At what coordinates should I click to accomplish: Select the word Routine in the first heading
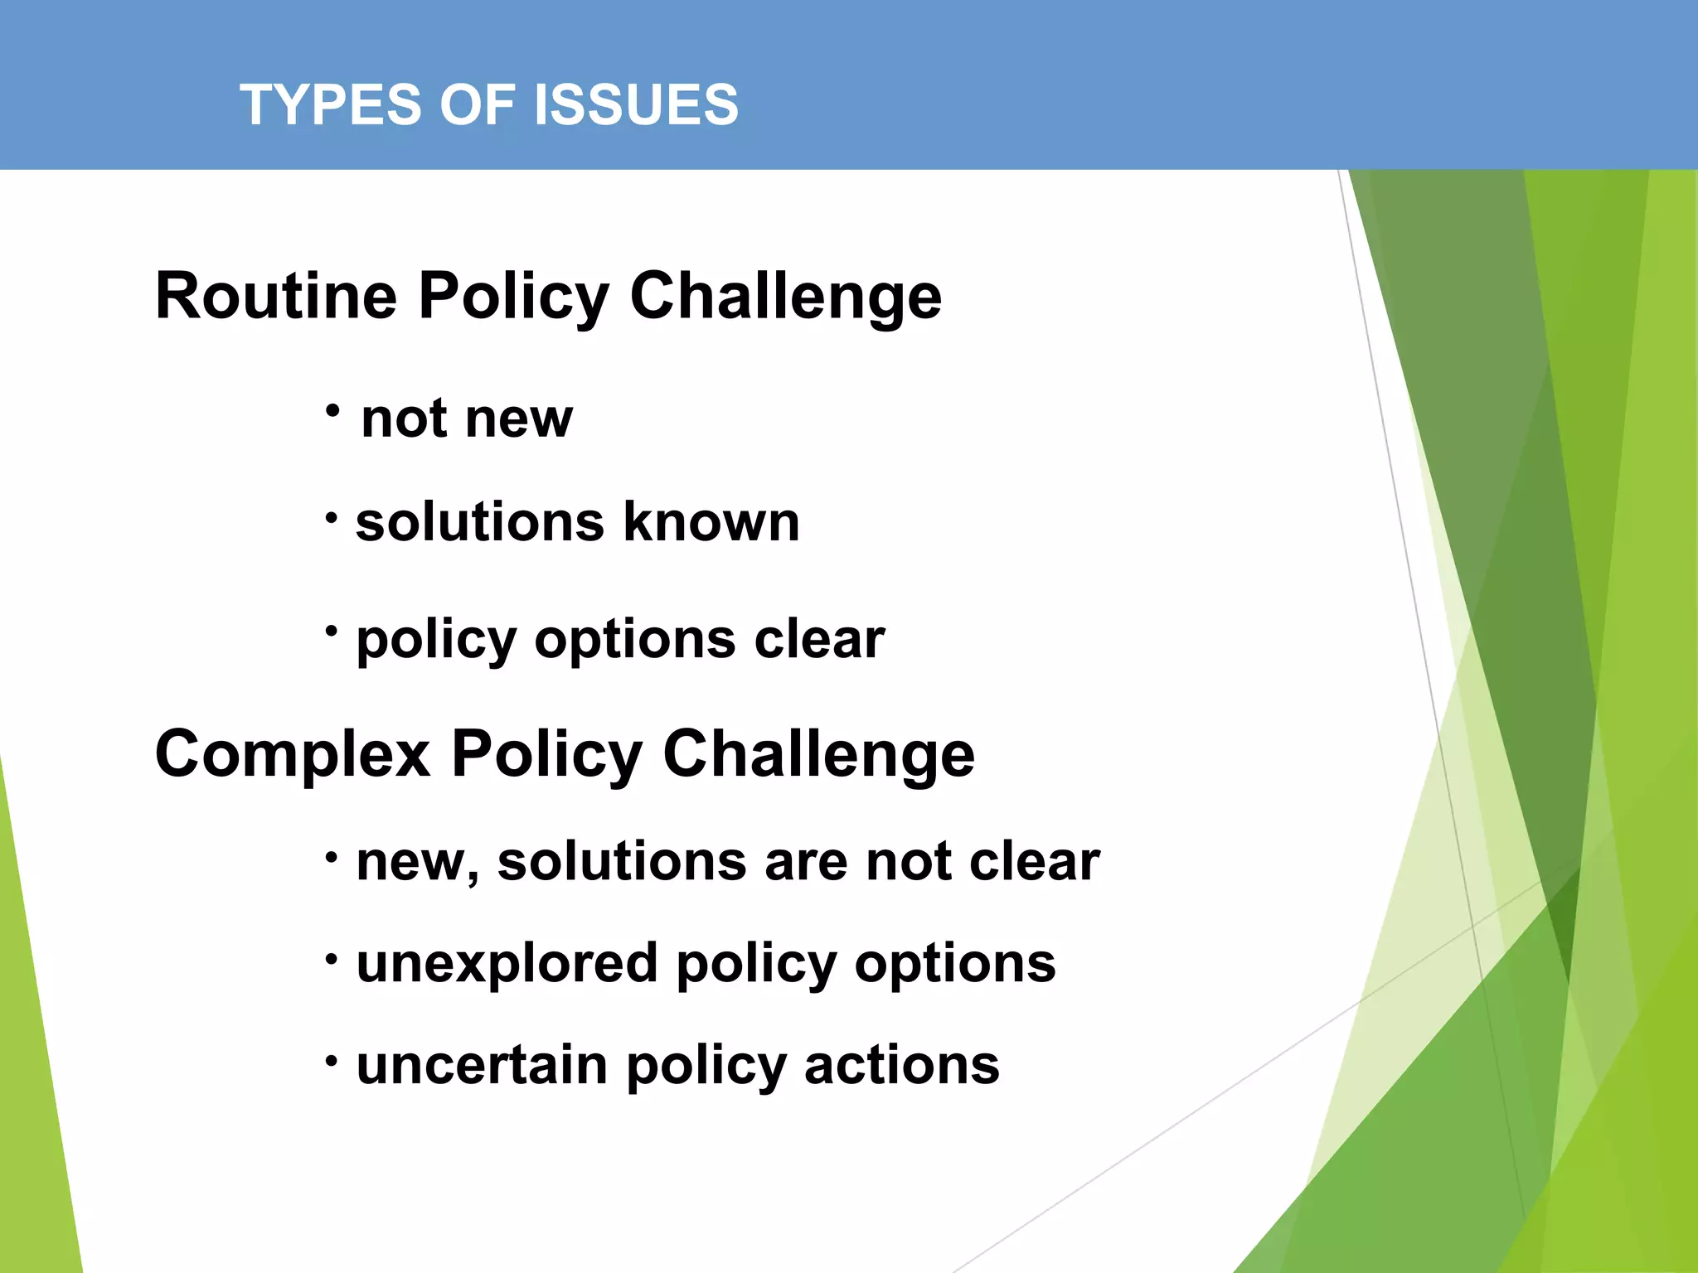(276, 296)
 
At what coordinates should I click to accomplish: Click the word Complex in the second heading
(293, 754)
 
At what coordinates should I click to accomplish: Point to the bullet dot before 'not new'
(332, 410)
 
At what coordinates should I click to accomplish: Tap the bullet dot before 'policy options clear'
(332, 632)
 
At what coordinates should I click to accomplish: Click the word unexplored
(507, 964)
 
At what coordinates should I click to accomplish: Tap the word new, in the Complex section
(418, 862)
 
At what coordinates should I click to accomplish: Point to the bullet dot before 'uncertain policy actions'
(332, 1060)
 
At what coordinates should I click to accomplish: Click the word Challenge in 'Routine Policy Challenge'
(785, 296)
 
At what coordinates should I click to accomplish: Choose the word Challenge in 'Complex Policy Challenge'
(818, 754)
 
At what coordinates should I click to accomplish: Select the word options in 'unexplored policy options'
(955, 964)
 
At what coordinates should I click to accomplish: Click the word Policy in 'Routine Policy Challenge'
(514, 296)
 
